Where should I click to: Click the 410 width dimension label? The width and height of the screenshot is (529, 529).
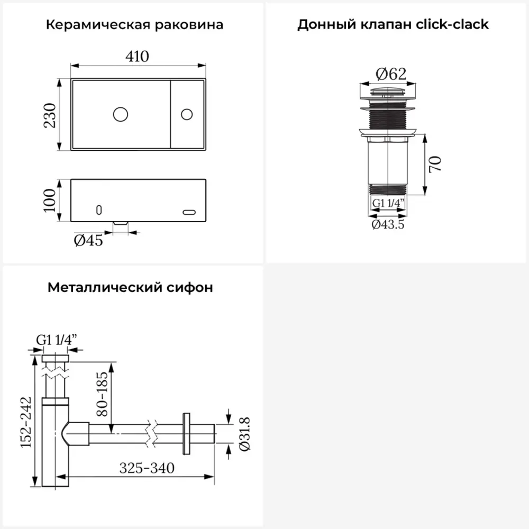tap(138, 56)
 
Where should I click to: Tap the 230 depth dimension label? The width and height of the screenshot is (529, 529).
tap(50, 115)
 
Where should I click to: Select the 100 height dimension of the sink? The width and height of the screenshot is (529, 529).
tap(50, 200)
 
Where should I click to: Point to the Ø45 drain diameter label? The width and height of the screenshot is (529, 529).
tap(88, 241)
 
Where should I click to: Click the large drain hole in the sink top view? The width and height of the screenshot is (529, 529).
tap(121, 113)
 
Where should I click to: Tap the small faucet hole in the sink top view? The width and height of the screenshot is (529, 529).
tap(187, 114)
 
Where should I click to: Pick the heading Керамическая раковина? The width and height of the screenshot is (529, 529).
tap(135, 25)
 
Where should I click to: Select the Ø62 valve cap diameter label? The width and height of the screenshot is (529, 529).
tap(391, 74)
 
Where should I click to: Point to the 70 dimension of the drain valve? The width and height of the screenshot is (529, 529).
tap(435, 164)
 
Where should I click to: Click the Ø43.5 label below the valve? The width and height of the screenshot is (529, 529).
tap(388, 224)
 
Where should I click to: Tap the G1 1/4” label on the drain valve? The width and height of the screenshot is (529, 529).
tap(388, 203)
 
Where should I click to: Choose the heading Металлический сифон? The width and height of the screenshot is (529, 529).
tap(131, 288)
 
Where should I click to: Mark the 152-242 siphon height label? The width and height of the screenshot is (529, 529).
tap(27, 423)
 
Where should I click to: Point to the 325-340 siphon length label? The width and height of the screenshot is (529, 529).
tap(147, 468)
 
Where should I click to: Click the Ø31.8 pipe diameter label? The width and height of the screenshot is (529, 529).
tap(244, 434)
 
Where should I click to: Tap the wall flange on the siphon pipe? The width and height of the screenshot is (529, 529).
tap(186, 433)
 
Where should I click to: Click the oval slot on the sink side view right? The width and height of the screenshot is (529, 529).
tap(189, 212)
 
